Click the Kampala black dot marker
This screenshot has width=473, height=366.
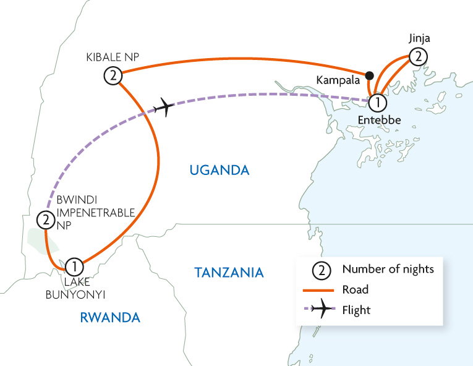[369, 76]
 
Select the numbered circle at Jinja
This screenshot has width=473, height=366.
[419, 57]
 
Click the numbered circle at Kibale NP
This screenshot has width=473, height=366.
[112, 76]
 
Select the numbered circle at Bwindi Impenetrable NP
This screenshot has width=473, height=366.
[45, 219]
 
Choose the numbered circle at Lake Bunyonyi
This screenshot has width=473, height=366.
[73, 267]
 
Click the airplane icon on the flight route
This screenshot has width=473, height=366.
[163, 107]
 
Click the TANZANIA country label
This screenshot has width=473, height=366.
[229, 272]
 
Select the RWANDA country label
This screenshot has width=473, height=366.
[110, 318]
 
